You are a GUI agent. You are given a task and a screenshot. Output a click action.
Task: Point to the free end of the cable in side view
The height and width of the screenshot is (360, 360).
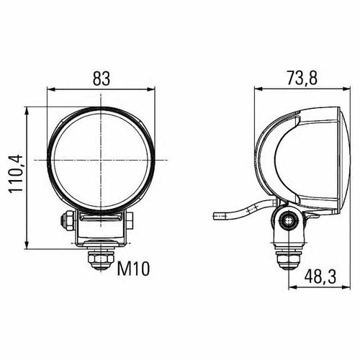(x=214, y=215)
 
